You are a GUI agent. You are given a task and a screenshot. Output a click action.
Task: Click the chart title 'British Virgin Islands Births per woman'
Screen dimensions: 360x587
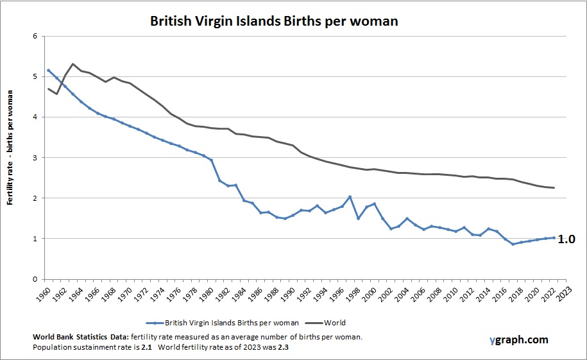pyautogui.click(x=274, y=21)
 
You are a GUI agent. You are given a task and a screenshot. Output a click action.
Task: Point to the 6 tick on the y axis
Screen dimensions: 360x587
pyautogui.click(x=34, y=36)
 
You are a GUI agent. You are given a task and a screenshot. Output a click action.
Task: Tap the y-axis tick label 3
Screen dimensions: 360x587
pyautogui.click(x=34, y=157)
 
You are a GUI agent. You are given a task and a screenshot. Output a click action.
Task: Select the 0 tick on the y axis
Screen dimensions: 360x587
pyautogui.click(x=34, y=279)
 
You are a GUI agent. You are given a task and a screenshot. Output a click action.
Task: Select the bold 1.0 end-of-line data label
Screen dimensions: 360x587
pyautogui.click(x=566, y=239)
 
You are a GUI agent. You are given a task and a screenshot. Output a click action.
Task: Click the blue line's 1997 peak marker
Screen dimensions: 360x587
pyautogui.click(x=350, y=197)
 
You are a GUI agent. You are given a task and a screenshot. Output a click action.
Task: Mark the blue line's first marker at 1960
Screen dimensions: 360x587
pyautogui.click(x=49, y=70)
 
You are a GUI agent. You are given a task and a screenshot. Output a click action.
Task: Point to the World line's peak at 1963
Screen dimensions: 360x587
pyautogui.click(x=73, y=64)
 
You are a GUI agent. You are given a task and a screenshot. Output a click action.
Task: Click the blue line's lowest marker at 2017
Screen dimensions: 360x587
pyautogui.click(x=513, y=244)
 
